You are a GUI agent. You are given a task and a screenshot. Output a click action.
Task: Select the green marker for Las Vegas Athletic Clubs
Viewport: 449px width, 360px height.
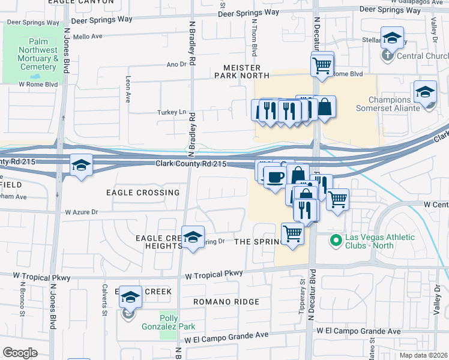pos(336,241)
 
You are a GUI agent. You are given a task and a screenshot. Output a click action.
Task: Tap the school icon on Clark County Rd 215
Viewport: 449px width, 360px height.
pos(80,166)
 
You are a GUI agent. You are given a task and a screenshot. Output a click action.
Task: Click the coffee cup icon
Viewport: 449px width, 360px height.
pos(276,178)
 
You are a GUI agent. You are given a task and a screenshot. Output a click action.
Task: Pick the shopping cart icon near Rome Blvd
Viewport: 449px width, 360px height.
pos(322,64)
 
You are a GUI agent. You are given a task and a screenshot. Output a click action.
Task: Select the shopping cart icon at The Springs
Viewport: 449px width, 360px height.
pos(292,233)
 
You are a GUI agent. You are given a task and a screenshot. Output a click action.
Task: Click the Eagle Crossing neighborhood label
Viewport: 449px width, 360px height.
pos(143,193)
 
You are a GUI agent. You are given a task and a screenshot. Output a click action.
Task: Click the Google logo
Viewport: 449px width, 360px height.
pos(20,352)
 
